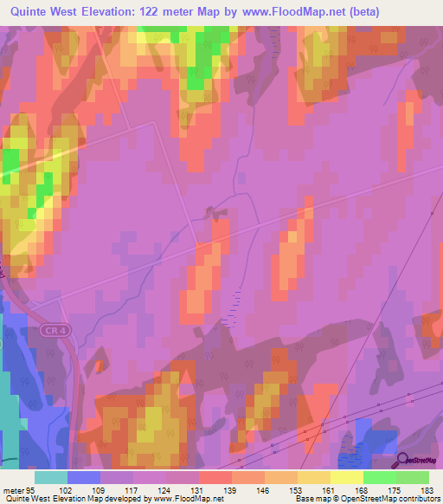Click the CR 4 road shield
55,330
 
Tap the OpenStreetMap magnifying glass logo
402,461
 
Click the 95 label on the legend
33,490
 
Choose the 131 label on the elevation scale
198,490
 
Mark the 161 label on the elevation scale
330,490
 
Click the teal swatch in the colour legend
51,477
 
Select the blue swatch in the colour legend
84,477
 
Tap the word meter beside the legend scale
13,490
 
